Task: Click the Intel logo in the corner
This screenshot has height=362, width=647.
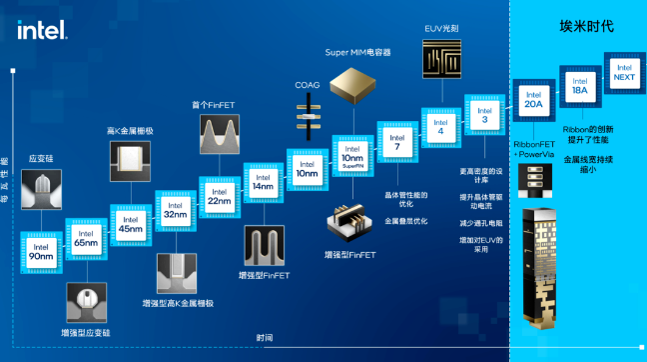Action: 41,29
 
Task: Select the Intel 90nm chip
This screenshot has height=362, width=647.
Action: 41,252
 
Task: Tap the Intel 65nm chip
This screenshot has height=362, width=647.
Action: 86,238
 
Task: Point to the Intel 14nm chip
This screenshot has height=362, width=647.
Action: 263,182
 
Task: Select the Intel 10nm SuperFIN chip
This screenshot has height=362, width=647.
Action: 352,155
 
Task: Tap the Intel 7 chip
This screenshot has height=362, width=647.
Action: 396,141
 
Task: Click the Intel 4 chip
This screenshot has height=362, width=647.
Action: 440,126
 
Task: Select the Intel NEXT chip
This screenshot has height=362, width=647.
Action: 624,75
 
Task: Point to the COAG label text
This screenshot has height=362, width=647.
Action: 309,85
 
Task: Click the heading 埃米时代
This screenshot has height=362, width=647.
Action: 587,25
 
